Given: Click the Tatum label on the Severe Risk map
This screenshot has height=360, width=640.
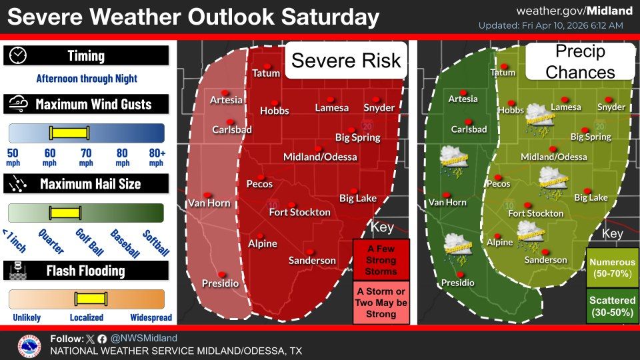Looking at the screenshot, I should [266, 73].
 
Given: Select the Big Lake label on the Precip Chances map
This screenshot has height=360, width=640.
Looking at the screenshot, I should [591, 197].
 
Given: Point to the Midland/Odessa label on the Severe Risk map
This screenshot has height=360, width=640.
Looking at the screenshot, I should [320, 157].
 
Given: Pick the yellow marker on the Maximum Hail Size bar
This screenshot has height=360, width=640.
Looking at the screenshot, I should [65, 213].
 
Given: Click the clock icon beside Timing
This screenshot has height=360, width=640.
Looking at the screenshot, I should [19, 56].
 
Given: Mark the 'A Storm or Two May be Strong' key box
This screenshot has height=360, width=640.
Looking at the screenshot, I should [381, 303].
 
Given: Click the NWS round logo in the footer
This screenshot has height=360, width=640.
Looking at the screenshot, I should [29, 345].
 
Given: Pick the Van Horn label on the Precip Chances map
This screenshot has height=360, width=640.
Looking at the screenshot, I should [447, 202].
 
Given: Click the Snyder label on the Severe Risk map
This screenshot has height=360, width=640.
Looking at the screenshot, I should [379, 108].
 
